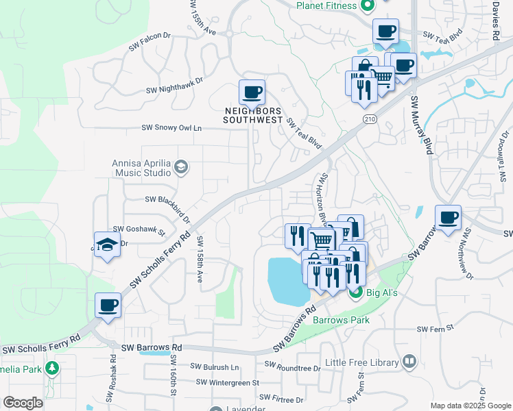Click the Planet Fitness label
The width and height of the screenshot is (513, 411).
[326, 6]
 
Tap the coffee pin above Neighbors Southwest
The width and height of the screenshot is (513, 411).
[252, 92]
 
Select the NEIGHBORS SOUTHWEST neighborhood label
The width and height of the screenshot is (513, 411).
[253, 115]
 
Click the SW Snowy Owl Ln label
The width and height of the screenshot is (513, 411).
[172, 128]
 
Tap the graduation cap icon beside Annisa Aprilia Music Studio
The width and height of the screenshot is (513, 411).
[181, 166]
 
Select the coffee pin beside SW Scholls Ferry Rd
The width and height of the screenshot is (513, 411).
[108, 306]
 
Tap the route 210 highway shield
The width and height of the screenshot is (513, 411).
[370, 120]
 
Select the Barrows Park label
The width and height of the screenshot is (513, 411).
[341, 320]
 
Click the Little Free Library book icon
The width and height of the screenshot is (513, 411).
[409, 361]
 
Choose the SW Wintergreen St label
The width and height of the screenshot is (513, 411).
[227, 382]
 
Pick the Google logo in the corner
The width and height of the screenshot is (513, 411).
[23, 403]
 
